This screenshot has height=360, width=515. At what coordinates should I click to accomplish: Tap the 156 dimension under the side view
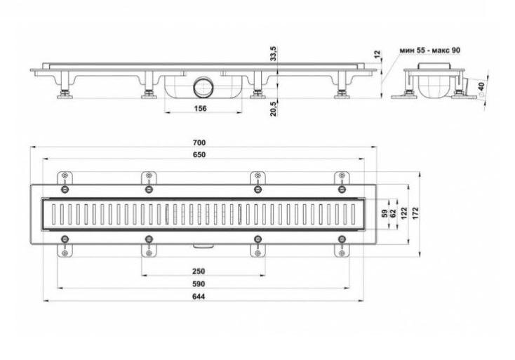200,107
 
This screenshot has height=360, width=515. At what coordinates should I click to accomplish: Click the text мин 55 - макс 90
429,51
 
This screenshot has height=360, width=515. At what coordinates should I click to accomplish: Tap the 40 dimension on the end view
481,88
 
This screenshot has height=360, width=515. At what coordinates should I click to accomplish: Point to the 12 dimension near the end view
376,54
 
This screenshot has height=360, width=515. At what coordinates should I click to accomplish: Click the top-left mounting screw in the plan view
65,175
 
